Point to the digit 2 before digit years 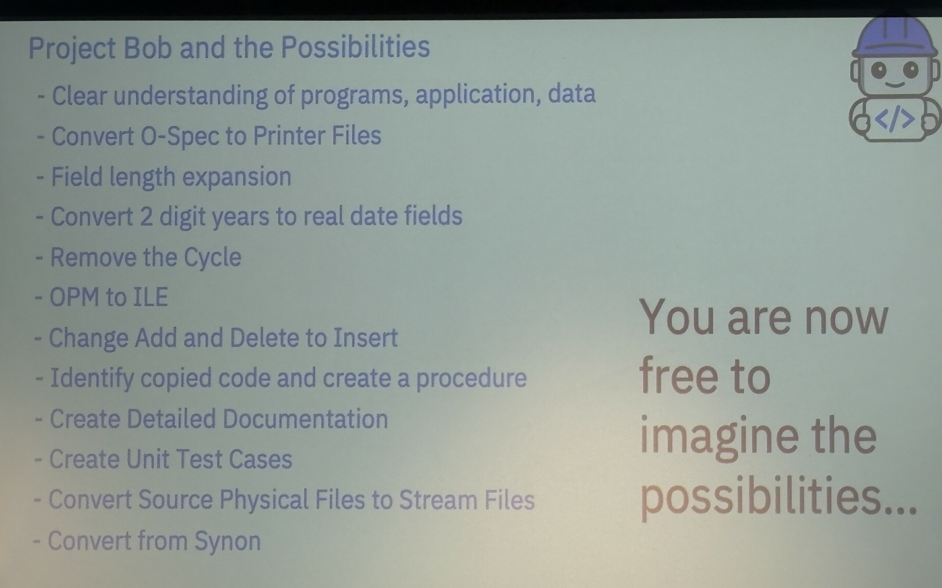coord(146,217)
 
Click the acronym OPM coord(75,297)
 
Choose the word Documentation coord(305,419)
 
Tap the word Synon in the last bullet coord(227,541)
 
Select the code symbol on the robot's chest coord(894,119)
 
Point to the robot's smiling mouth coord(895,84)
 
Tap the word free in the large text coord(678,376)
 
